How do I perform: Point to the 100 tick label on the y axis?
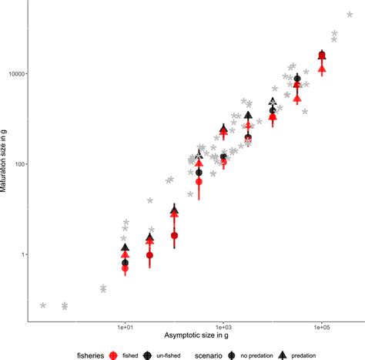pos(19,163)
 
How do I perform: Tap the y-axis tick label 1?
pos(23,254)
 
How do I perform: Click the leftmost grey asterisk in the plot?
pos(43,305)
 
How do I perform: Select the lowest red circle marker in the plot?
pos(126,268)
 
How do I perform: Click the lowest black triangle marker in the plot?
pos(126,247)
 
